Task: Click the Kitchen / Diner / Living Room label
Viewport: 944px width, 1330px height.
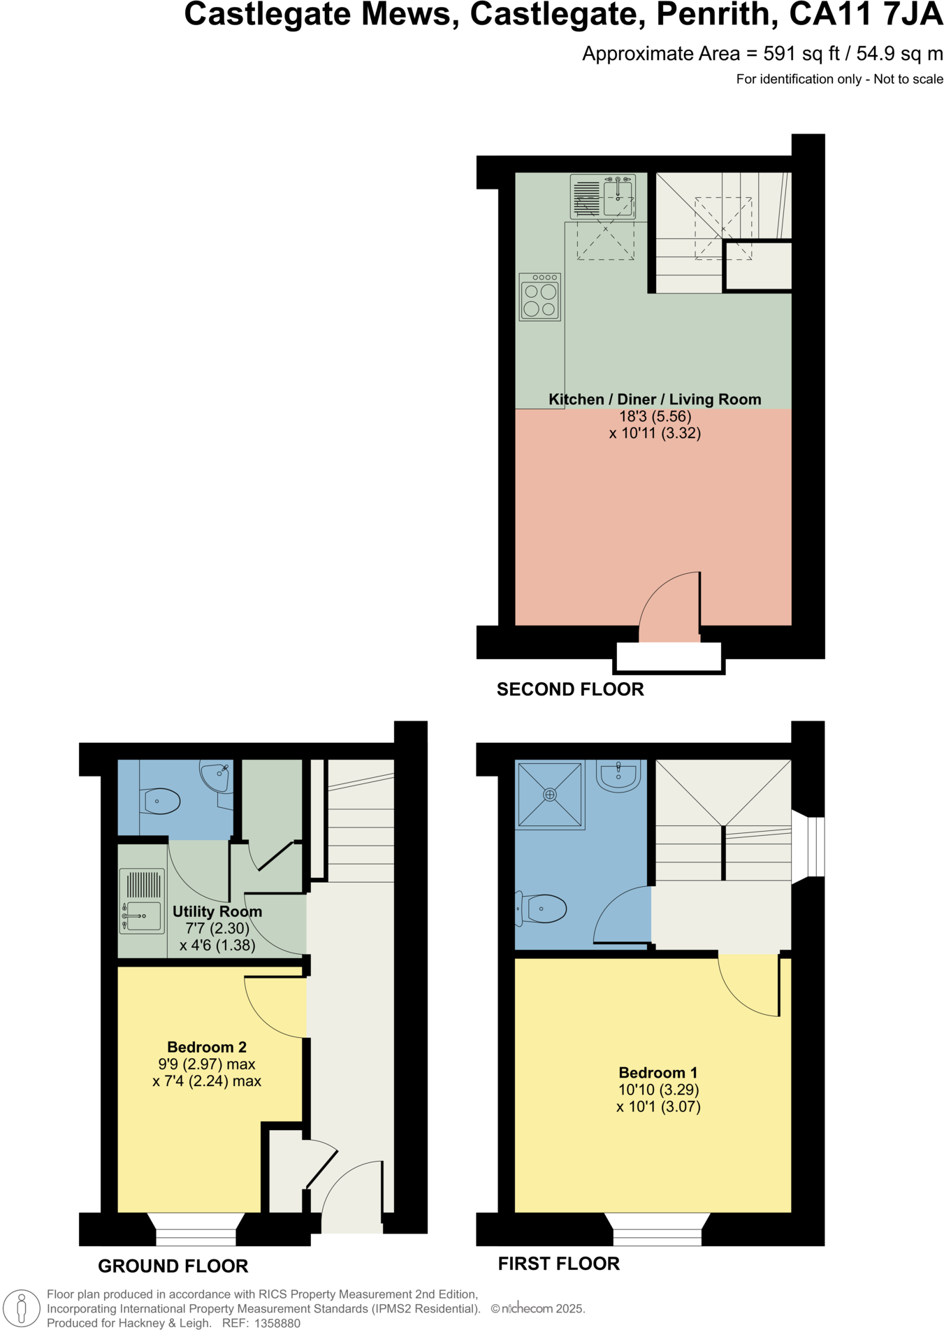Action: coord(655,399)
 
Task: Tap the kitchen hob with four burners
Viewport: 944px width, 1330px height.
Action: coord(540,298)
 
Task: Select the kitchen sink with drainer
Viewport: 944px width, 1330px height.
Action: coord(603,196)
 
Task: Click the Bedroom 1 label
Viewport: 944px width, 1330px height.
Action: coord(658,1072)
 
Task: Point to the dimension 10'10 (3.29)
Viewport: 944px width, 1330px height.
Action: coord(658,1089)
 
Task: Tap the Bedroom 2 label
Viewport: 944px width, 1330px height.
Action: coord(207,1046)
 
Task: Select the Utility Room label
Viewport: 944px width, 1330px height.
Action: coord(217,911)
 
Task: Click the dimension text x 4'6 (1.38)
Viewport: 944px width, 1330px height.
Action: coord(217,945)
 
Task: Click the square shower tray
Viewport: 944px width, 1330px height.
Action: coord(550,795)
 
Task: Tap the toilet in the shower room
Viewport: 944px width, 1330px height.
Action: coord(542,909)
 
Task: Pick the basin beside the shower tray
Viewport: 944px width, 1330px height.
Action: coord(619,776)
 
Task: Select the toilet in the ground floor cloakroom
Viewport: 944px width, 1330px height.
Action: coord(161,801)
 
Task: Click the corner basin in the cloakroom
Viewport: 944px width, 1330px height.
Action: coord(217,777)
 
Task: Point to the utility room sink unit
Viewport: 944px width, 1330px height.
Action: coord(143,901)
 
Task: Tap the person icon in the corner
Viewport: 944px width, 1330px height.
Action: coord(22,1308)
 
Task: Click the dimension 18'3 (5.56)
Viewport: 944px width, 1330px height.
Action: coord(655,416)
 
